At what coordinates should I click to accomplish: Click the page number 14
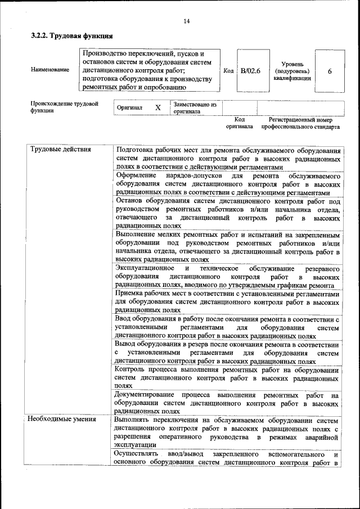click(187, 21)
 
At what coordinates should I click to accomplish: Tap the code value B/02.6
click(250, 71)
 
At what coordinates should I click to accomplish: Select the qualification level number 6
click(329, 71)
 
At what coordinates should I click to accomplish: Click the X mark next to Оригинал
click(157, 107)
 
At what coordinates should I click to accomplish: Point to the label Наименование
click(51, 70)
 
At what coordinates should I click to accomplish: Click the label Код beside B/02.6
click(228, 71)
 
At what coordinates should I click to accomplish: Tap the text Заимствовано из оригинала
click(195, 107)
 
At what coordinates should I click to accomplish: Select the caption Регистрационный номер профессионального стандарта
click(300, 123)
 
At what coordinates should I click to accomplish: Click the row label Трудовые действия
click(55, 150)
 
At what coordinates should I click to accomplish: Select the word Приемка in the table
click(129, 294)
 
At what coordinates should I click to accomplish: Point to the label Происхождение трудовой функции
click(64, 107)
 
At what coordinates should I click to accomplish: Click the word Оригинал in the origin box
click(129, 107)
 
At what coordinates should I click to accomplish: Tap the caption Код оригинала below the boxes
click(239, 123)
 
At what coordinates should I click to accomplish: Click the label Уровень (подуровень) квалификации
click(292, 71)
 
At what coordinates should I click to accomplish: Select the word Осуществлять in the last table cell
click(137, 454)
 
